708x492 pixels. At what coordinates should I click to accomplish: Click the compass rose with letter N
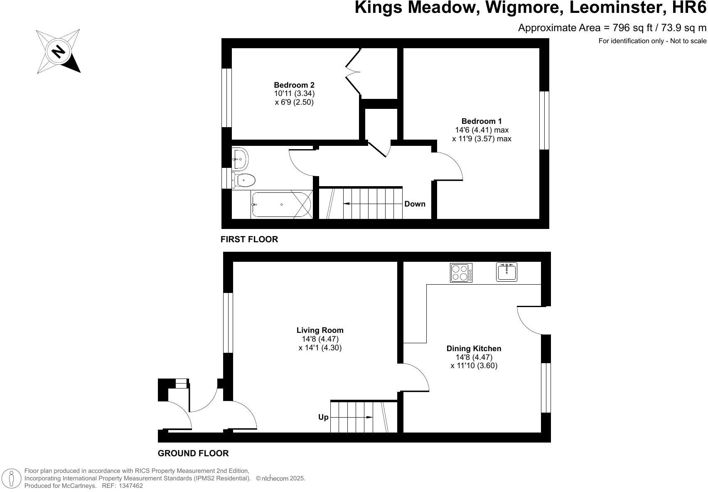(x=58, y=52)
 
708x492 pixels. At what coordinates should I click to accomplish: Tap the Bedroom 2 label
(x=294, y=86)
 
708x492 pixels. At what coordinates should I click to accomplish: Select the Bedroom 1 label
(x=482, y=121)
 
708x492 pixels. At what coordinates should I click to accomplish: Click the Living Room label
(x=320, y=330)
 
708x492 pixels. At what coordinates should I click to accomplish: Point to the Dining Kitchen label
(x=474, y=349)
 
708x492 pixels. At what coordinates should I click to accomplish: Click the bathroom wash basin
(x=240, y=159)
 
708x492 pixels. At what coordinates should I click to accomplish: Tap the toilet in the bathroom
(x=244, y=180)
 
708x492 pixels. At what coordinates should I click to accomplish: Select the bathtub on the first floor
(x=281, y=204)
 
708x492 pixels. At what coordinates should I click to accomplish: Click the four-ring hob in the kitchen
(x=461, y=273)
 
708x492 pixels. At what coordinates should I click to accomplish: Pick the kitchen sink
(x=506, y=272)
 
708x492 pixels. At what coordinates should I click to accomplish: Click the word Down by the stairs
(x=415, y=204)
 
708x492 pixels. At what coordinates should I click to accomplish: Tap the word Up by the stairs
(x=323, y=417)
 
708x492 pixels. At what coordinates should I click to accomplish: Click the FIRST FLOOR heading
(x=249, y=239)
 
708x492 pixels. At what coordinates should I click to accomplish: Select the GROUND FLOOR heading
(x=193, y=453)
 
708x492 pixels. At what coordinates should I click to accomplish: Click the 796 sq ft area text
(x=612, y=28)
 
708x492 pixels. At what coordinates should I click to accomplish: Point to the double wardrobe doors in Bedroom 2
(x=353, y=72)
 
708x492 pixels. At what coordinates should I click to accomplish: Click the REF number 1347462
(x=131, y=485)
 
